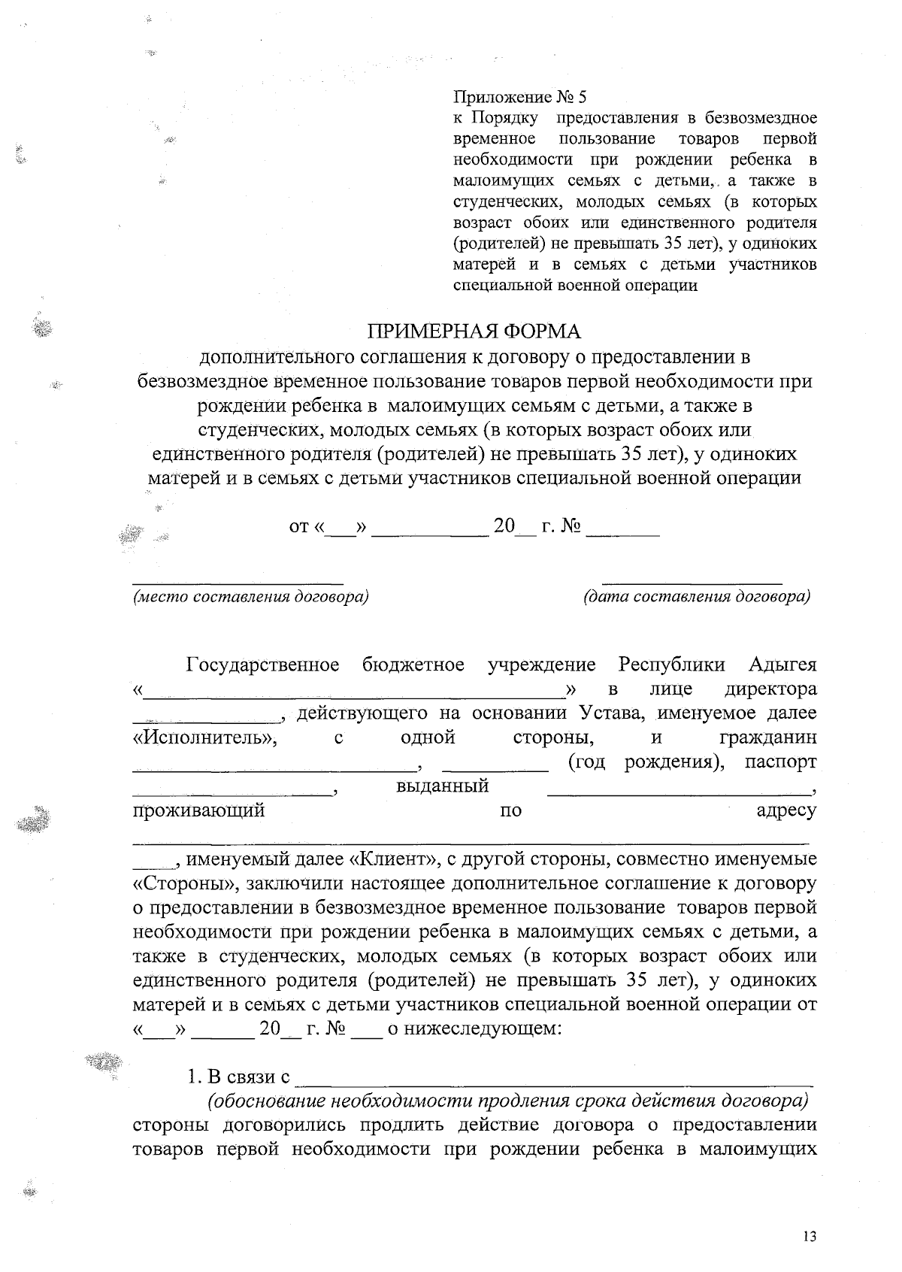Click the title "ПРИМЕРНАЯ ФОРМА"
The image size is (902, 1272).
(x=474, y=332)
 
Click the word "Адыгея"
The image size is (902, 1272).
(x=782, y=665)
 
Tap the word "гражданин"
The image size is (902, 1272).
(x=767, y=737)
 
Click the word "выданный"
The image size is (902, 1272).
(x=442, y=786)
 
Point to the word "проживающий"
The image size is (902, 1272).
(x=198, y=811)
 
